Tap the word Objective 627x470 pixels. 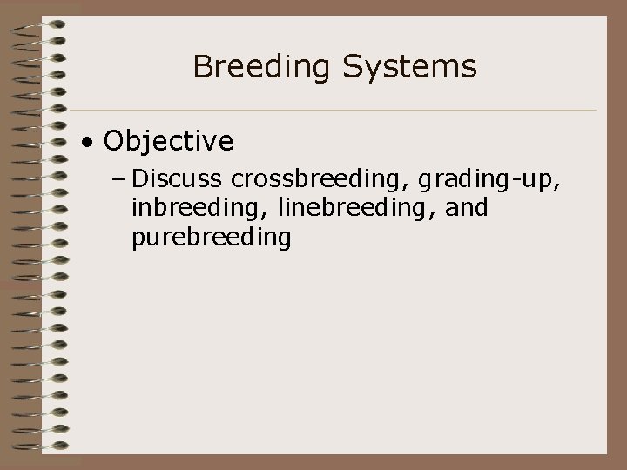(x=168, y=140)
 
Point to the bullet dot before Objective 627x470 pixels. (x=89, y=141)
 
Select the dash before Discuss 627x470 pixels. (x=119, y=180)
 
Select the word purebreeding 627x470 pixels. (x=211, y=238)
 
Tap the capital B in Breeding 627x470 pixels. (x=201, y=66)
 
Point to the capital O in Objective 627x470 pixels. (x=112, y=140)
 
